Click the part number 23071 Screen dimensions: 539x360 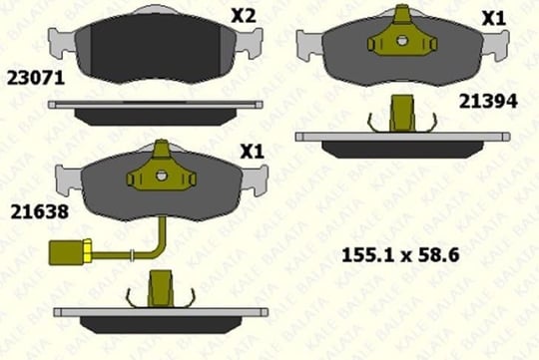[36, 78]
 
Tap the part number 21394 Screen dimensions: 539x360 [488, 102]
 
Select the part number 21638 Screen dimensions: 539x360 [40, 211]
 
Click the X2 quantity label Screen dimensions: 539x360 [244, 16]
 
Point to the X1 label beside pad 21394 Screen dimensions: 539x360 [493, 19]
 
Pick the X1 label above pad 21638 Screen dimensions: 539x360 [252, 152]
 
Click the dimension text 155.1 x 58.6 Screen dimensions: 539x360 [400, 255]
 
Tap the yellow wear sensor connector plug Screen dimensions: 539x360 [70, 252]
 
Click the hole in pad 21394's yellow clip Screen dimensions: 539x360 [401, 41]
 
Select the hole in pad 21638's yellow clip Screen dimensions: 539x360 [161, 176]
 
